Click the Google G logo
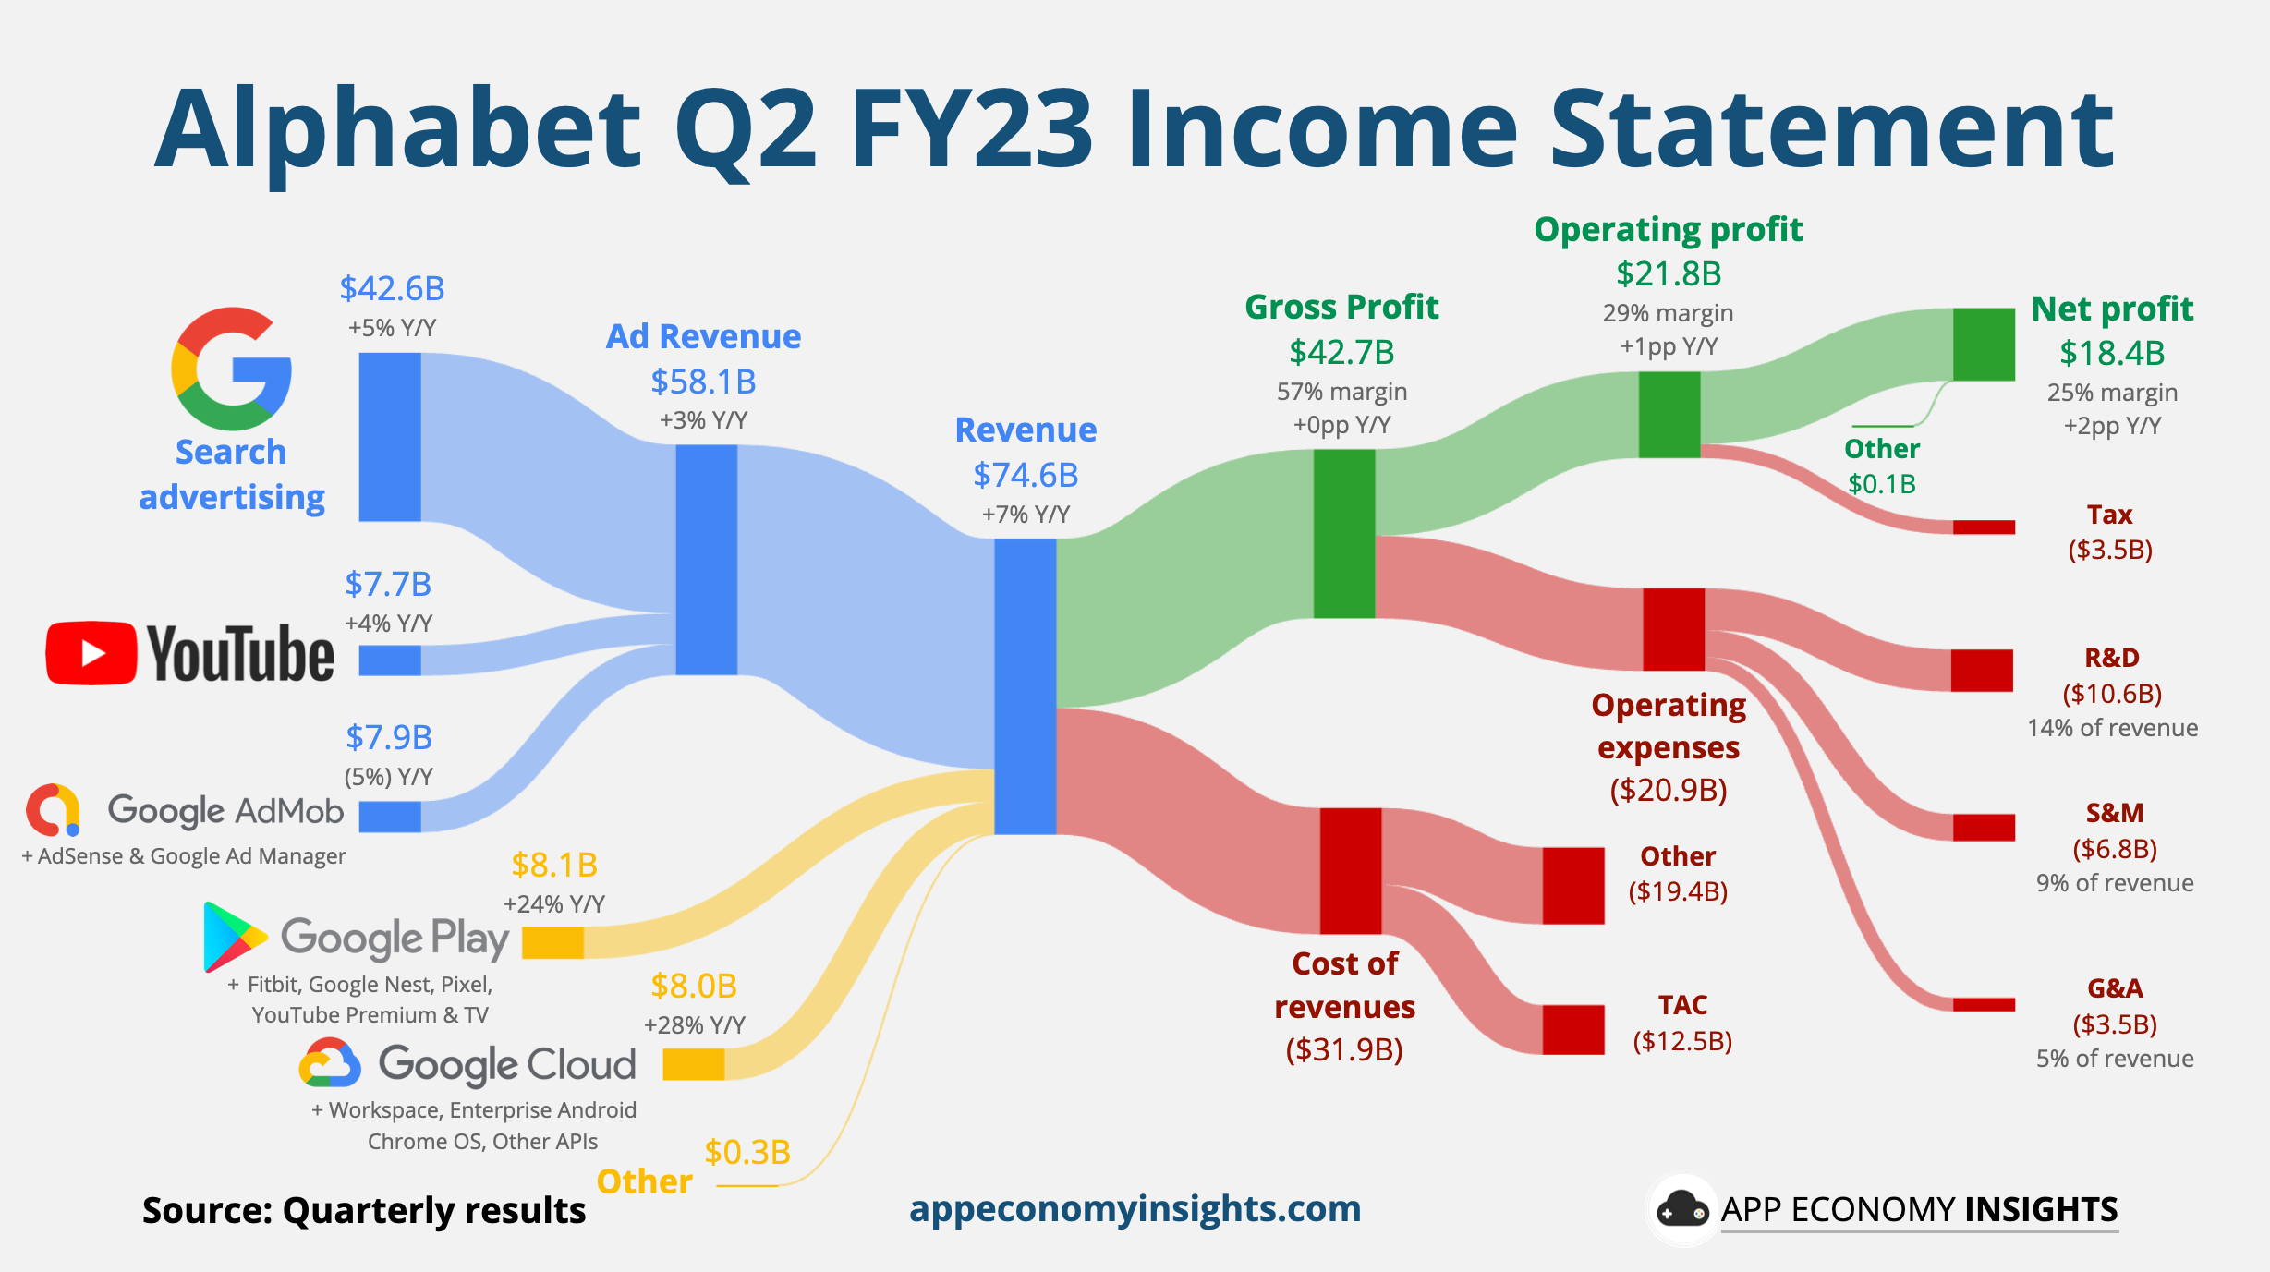[231, 369]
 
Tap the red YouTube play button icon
[91, 653]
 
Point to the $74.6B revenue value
[1026, 475]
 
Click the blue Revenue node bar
[1025, 686]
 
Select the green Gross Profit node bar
[1344, 534]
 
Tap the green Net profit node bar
[1984, 345]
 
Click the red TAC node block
[1573, 1029]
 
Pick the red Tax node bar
[1984, 527]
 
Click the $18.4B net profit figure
[2112, 353]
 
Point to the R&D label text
[2112, 658]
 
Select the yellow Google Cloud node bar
[694, 1064]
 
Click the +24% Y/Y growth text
[553, 903]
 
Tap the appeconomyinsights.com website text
[1135, 1209]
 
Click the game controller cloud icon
[1681, 1209]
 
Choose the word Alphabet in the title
[398, 129]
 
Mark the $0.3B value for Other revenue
[747, 1152]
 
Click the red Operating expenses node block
[1673, 629]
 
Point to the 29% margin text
[1668, 313]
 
